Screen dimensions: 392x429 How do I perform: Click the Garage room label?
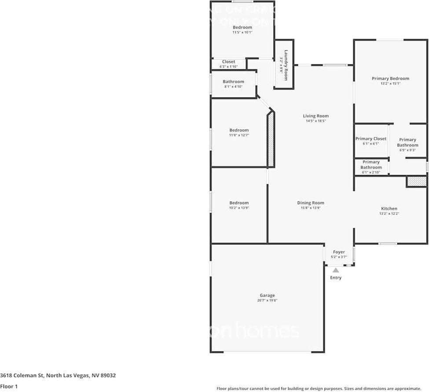point(267,295)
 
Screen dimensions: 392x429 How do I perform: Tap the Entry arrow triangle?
point(336,270)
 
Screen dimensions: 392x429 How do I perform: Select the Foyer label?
point(339,252)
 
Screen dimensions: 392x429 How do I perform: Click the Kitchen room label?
point(389,209)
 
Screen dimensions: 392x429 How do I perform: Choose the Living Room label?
point(316,116)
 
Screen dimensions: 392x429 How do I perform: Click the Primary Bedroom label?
point(390,78)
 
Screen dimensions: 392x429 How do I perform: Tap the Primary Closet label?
point(371,138)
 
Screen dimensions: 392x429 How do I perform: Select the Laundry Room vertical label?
point(286,65)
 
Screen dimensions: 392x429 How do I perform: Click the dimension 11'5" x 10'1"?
point(242,32)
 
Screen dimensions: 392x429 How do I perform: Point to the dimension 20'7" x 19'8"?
point(267,300)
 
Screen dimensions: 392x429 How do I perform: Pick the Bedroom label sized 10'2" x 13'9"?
point(239,203)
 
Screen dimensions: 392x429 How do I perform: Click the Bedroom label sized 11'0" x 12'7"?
point(239,130)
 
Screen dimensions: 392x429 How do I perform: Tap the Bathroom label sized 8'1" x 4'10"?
point(233,82)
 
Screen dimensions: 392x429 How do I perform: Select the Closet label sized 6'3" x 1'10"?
point(228,62)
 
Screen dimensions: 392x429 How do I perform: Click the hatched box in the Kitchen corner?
point(416,181)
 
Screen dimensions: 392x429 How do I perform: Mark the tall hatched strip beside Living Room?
point(271,139)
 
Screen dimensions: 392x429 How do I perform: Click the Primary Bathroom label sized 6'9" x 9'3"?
point(407,142)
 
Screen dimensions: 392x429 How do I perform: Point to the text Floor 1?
point(9,386)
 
